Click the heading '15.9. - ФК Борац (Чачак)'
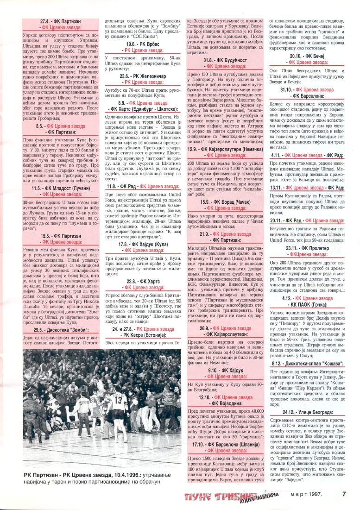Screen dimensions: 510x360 (x=226, y=189)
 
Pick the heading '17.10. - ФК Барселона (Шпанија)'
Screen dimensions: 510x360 (x=226, y=445)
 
